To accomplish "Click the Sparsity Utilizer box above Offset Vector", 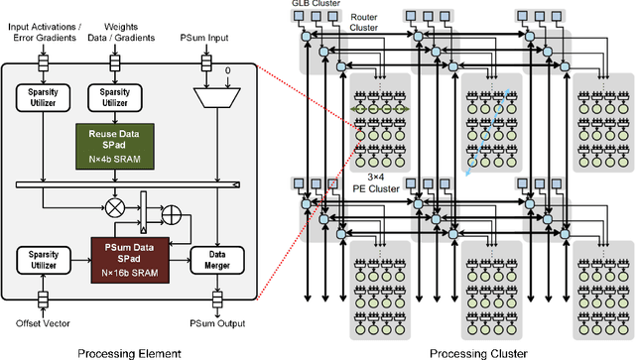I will click(43, 260).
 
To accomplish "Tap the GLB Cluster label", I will click(320, 5).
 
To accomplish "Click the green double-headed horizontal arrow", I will click(377, 110).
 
